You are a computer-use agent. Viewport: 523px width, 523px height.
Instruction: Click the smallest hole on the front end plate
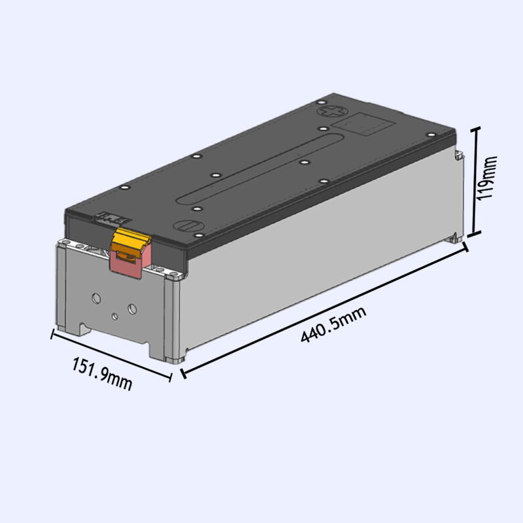(x=114, y=316)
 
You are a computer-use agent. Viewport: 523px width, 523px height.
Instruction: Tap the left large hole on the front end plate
(x=96, y=297)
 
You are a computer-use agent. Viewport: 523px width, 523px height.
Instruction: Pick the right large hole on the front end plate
(x=132, y=307)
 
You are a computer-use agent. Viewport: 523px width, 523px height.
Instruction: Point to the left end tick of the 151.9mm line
(x=52, y=335)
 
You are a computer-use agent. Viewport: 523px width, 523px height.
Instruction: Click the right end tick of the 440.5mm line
(x=465, y=247)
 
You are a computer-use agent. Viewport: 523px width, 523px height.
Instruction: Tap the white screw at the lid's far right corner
(x=430, y=135)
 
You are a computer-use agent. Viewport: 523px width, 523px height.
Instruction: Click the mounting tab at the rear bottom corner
(x=454, y=237)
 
